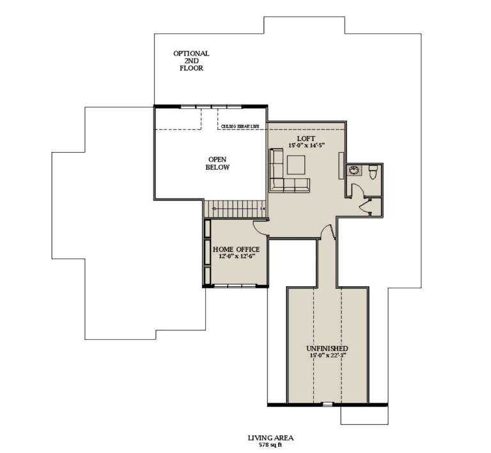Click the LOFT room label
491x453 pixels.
coord(306,138)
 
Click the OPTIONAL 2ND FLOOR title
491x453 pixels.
coord(191,61)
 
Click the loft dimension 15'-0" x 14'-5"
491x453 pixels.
coord(306,146)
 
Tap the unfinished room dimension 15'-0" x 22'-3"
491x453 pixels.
coord(327,355)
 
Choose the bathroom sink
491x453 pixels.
coord(354,171)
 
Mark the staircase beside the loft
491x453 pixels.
coord(234,208)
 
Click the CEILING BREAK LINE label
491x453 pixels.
coord(240,127)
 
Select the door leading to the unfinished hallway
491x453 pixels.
coord(327,233)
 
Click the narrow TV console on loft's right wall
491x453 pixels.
coord(339,165)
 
